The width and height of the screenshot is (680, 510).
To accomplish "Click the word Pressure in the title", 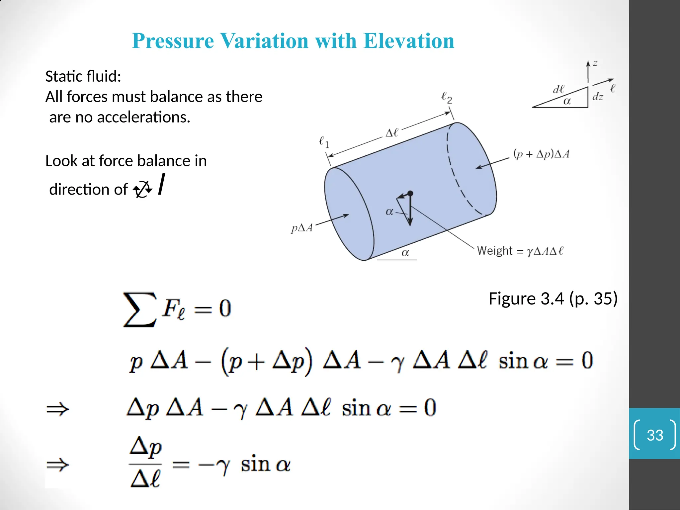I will [173, 41].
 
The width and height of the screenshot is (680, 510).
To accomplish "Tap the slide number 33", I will [655, 435].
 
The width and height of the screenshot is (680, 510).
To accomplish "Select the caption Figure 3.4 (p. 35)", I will [553, 298].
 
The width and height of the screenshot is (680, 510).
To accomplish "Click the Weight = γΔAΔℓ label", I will [520, 251].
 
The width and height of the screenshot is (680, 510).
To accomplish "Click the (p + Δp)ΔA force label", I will [541, 154].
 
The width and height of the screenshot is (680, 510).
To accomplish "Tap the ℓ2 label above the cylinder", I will [447, 98].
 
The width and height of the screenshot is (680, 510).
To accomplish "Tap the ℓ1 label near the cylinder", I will [324, 142].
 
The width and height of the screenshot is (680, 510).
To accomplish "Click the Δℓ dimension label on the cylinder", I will [392, 133].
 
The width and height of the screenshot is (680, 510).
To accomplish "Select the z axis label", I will [595, 63].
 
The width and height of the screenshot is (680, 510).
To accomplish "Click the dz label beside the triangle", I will [598, 97].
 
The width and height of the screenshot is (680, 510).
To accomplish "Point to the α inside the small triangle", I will [567, 101].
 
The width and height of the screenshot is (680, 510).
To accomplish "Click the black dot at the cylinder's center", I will [410, 193].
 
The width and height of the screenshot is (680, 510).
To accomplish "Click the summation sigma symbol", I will [139, 309].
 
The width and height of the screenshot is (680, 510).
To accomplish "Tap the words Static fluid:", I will [83, 76].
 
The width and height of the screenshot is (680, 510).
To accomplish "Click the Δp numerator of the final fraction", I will [146, 447].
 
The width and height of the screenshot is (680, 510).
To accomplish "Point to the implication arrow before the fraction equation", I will [58, 464].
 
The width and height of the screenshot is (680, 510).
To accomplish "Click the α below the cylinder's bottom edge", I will [405, 253].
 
